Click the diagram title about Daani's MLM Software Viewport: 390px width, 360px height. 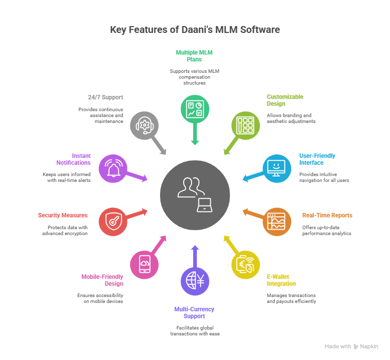pos(195,30)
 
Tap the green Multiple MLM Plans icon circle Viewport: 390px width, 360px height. pos(195,109)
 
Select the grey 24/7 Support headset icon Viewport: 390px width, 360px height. pos(145,125)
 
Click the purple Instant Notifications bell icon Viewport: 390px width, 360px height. pos(113,169)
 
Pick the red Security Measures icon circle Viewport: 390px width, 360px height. pos(113,222)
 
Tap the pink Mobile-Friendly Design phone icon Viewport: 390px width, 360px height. pos(145,265)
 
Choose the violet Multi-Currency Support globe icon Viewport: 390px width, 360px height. pos(195,281)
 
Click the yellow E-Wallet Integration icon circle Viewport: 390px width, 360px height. pos(246,265)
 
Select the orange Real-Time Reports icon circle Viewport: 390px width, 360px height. pos(277,222)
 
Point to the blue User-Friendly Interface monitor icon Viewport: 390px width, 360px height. pos(277,169)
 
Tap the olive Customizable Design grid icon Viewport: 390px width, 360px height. pos(246,125)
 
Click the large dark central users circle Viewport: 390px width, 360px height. pos(195,195)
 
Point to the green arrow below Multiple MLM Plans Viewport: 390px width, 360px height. pos(195,135)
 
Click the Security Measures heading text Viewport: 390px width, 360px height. pos(63,215)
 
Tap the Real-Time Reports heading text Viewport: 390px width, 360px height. pos(327,215)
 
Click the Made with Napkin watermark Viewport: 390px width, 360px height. pos(352,346)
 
